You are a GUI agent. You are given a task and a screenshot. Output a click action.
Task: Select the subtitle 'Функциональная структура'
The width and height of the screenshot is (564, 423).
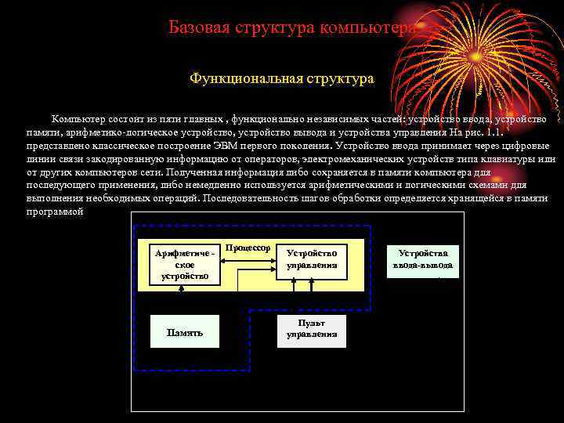coord(282,79)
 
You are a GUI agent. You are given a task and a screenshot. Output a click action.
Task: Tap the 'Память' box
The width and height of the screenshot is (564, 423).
coord(184,332)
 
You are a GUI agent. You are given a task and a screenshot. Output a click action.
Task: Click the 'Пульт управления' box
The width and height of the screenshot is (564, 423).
coord(312,328)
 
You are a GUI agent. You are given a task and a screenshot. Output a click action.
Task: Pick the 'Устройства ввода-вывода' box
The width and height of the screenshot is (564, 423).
coord(423,259)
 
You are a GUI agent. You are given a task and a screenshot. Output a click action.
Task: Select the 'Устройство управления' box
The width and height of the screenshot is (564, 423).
coord(312,259)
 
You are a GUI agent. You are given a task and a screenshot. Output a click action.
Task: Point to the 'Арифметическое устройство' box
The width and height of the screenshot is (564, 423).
coord(184,264)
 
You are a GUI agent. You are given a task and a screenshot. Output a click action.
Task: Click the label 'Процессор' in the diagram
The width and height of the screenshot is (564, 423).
coord(248,248)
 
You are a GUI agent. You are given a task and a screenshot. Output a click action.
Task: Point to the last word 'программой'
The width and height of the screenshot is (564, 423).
coord(54,211)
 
